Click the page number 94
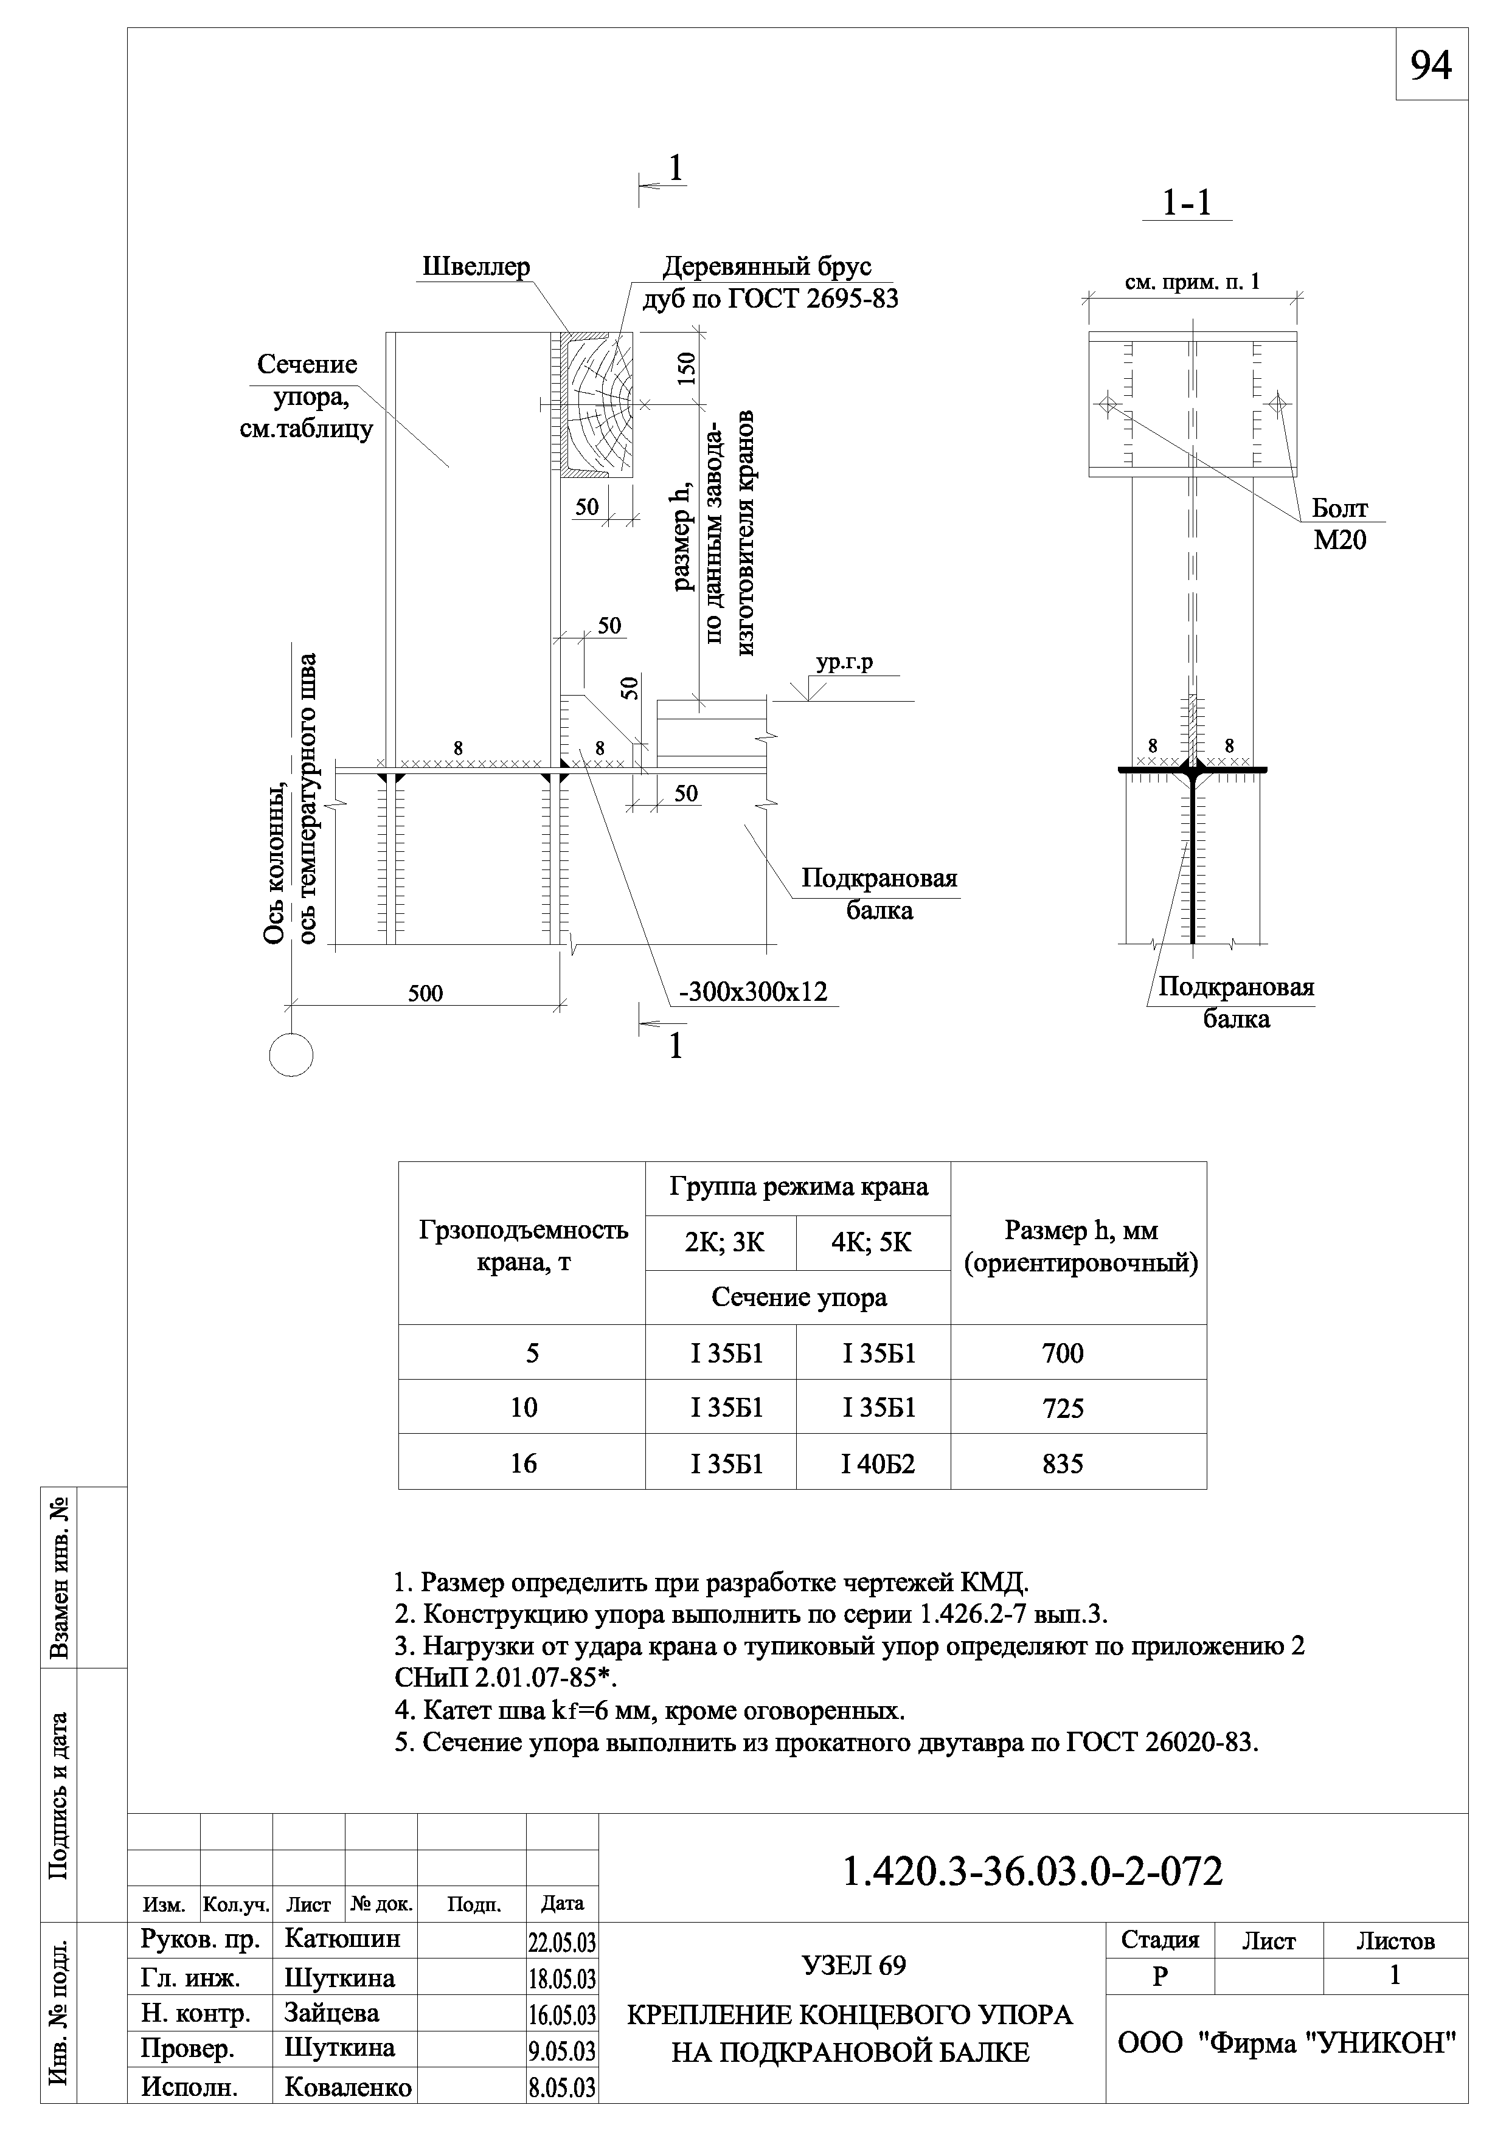1431,65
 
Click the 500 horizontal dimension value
426,993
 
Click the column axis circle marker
291,1056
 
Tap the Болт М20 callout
1340,523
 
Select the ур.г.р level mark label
844,662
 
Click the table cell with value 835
1063,1463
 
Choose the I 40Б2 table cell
878,1463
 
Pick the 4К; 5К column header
872,1242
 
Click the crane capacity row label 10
524,1408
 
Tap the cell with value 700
1063,1353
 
